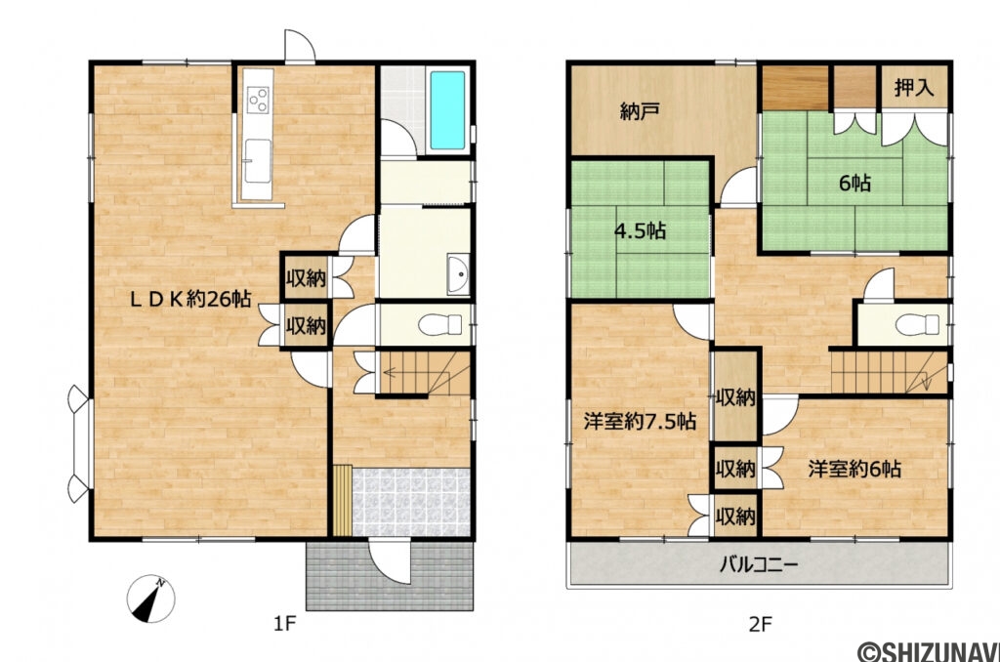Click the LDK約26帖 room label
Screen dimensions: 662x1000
coord(191,301)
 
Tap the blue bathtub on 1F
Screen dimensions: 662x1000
coord(448,110)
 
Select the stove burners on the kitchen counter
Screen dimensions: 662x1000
coord(259,100)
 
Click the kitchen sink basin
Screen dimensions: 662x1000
coord(258,158)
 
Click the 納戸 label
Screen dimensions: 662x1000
coord(640,111)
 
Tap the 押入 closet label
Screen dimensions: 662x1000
coord(914,87)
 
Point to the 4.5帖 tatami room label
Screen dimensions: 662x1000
coord(640,231)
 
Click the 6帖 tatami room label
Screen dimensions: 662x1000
coord(856,182)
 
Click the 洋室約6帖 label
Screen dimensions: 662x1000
coord(854,469)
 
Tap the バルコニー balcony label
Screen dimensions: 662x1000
coord(759,564)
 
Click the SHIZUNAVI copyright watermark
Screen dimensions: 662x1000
coord(928,649)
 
